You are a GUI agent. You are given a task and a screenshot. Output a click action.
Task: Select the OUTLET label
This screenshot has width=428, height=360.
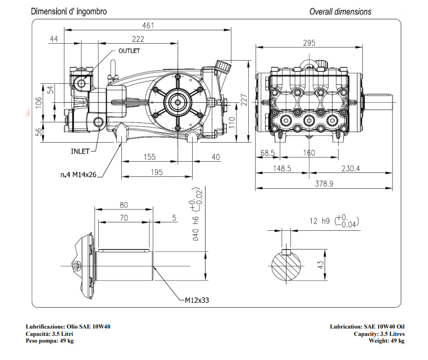pyautogui.click(x=129, y=51)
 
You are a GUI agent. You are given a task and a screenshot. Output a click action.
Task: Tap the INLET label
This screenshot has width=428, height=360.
pyautogui.click(x=81, y=151)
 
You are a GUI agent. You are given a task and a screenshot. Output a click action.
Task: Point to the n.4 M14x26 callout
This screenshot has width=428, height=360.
pyautogui.click(x=79, y=175)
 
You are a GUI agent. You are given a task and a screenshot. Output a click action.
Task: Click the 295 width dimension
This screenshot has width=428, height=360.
pyautogui.click(x=309, y=43)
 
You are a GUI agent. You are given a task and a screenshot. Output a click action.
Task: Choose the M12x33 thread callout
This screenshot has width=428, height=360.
pyautogui.click(x=197, y=300)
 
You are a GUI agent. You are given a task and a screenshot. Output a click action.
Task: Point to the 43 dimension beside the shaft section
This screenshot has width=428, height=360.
pyautogui.click(x=321, y=265)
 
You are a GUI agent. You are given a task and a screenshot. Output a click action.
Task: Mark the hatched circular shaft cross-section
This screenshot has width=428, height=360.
pyautogui.click(x=288, y=265)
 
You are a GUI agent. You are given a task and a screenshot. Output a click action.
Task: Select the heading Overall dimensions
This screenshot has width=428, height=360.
pyautogui.click(x=340, y=11)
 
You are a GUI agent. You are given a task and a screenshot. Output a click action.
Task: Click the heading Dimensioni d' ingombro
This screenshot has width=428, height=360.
pyautogui.click(x=69, y=11)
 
